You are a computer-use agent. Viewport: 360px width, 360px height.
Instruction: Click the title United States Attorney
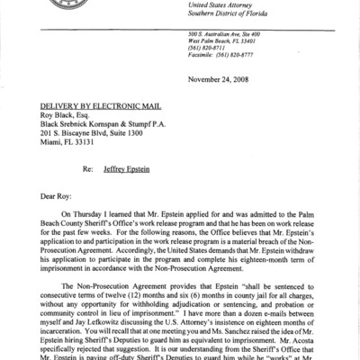(256, 6)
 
